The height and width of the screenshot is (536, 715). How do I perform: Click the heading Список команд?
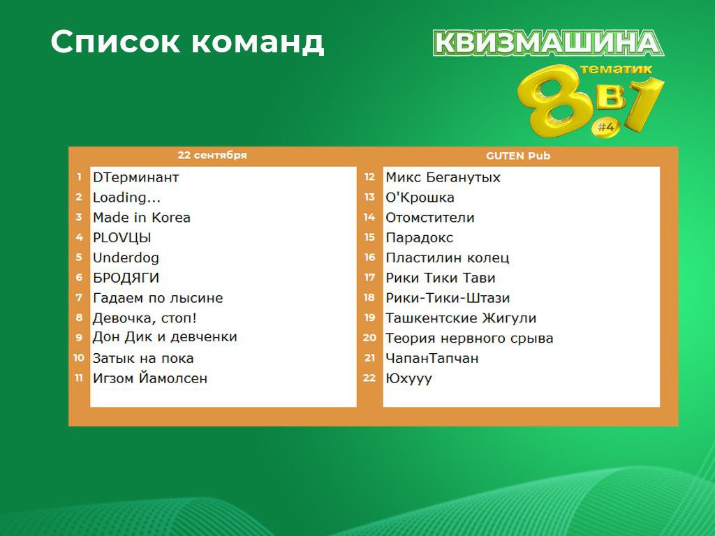pyautogui.click(x=187, y=42)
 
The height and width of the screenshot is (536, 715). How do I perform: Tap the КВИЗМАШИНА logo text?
pyautogui.click(x=548, y=43)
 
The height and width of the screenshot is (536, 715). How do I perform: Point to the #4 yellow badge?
pyautogui.click(x=606, y=127)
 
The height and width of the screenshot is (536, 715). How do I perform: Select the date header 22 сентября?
pyautogui.click(x=212, y=155)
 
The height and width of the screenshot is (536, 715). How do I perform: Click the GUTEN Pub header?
pyautogui.click(x=518, y=156)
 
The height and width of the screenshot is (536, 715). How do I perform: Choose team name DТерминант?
pyautogui.click(x=136, y=177)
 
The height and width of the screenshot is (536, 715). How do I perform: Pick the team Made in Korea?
pyautogui.click(x=141, y=218)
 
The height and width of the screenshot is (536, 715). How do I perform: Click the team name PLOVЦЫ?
pyautogui.click(x=121, y=238)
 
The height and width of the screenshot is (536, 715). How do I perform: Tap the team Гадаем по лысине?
pyautogui.click(x=158, y=298)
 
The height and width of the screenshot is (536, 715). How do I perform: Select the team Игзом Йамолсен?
pyautogui.click(x=150, y=378)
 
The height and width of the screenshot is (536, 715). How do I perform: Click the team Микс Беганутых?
pyautogui.click(x=443, y=177)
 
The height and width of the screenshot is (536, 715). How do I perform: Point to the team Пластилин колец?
pyautogui.click(x=448, y=258)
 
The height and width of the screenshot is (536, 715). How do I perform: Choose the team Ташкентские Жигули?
pyautogui.click(x=461, y=318)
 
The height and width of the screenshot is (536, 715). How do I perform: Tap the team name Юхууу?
pyautogui.click(x=408, y=379)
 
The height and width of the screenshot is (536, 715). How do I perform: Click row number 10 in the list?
pyautogui.click(x=79, y=358)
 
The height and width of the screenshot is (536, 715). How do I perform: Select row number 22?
pyautogui.click(x=369, y=378)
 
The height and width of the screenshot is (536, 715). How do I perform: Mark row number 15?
pyautogui.click(x=369, y=237)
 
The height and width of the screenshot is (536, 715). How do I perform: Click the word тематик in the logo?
pyautogui.click(x=616, y=69)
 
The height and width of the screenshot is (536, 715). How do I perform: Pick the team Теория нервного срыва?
pyautogui.click(x=469, y=338)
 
